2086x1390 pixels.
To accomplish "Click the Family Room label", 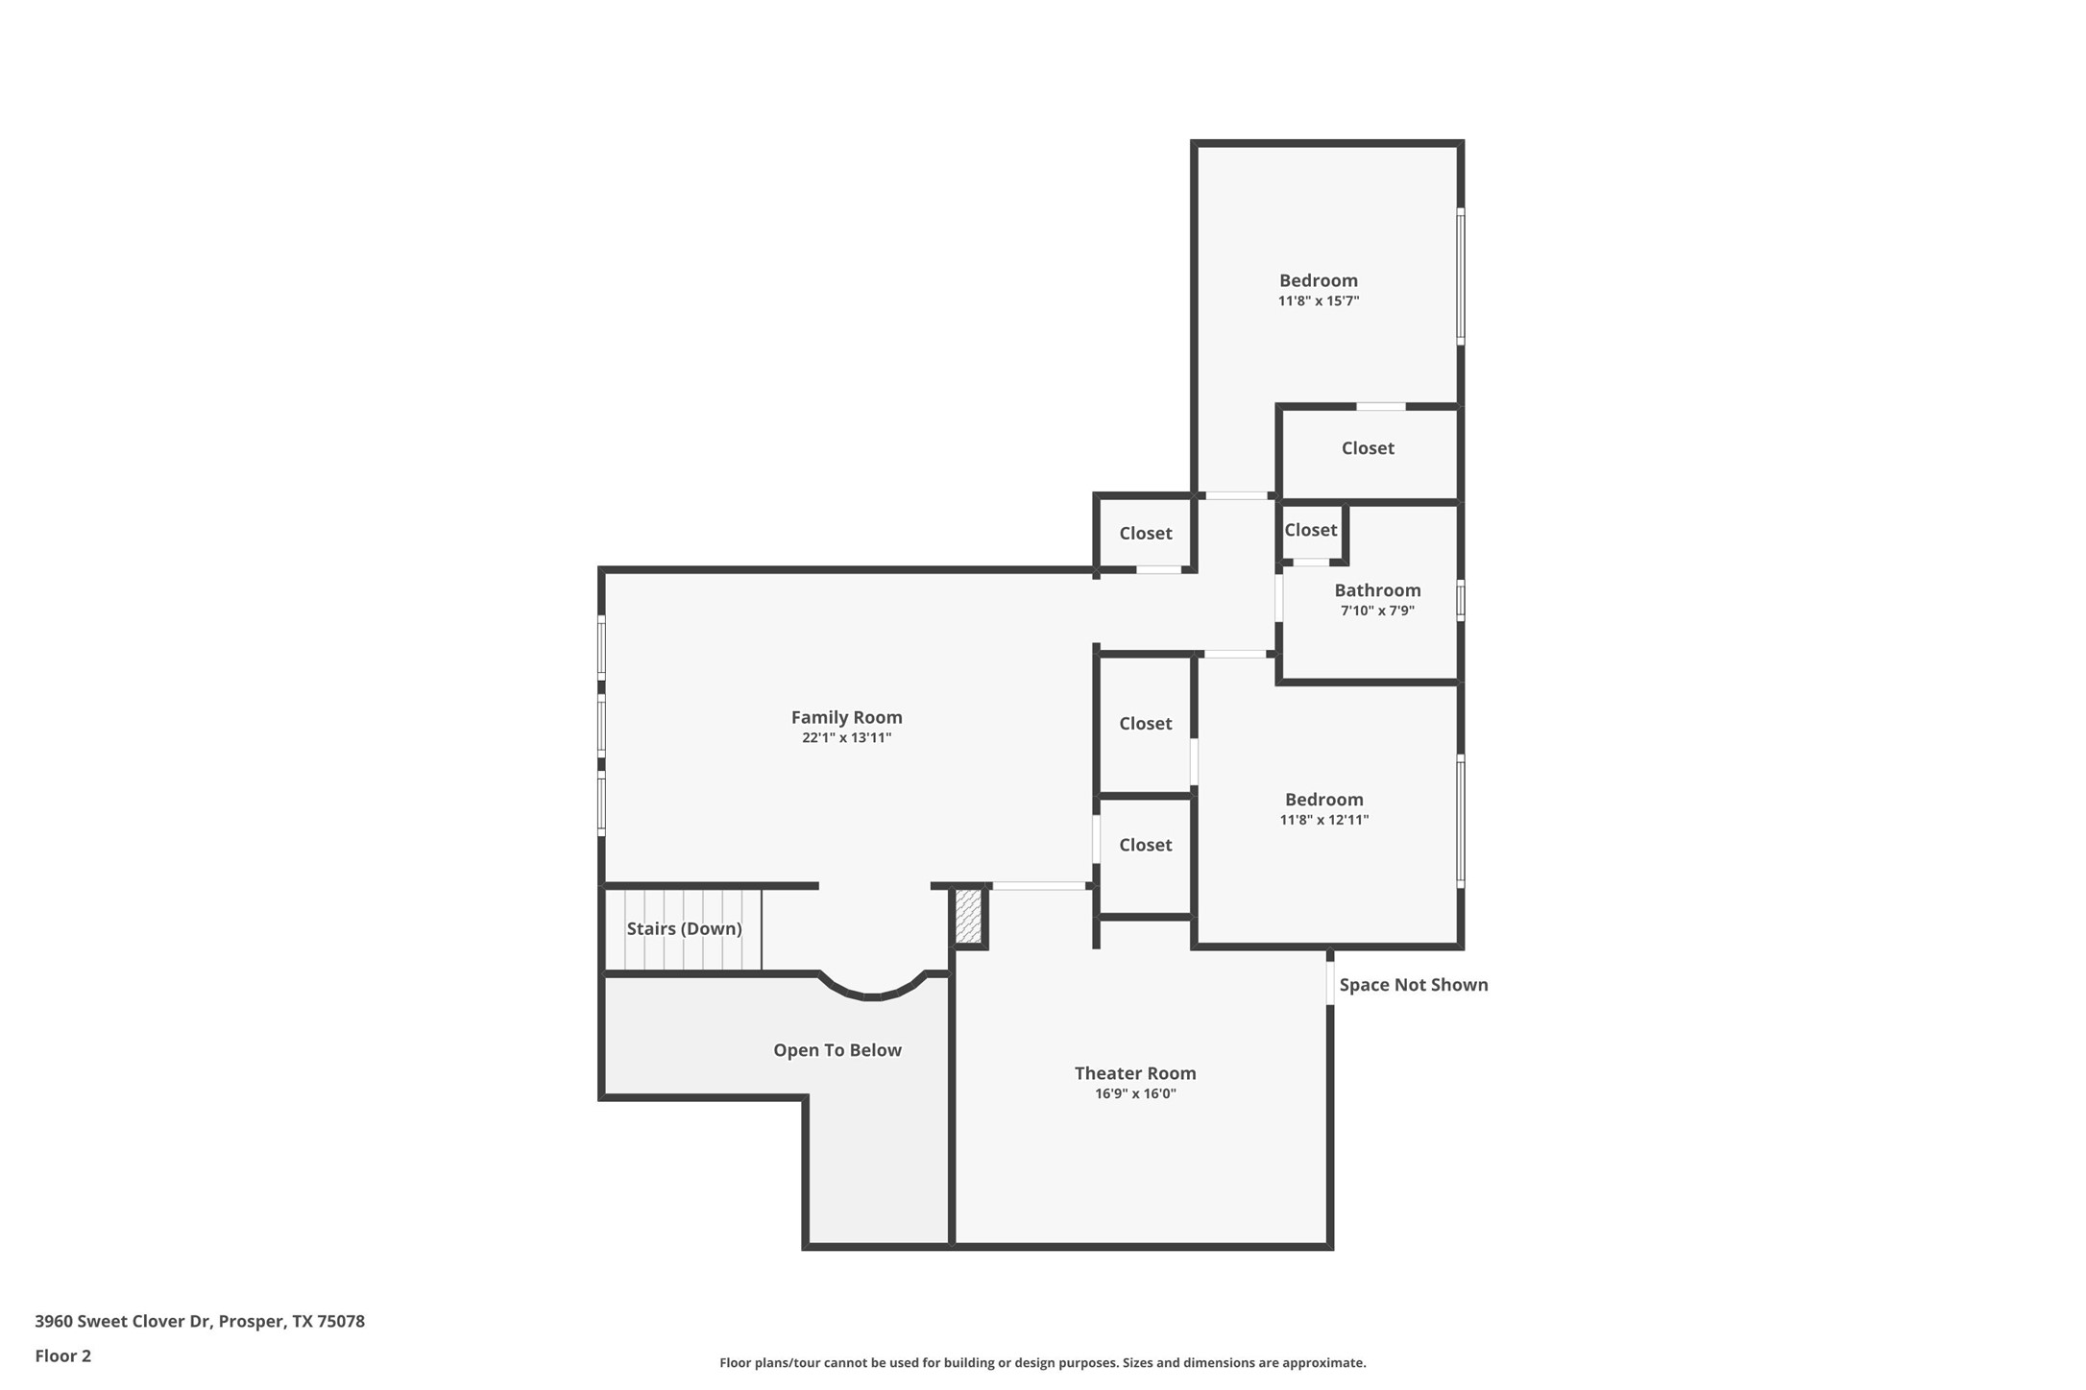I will (846, 717).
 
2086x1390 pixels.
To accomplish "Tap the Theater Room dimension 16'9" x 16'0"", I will (1135, 1093).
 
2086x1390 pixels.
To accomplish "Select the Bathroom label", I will (1377, 590).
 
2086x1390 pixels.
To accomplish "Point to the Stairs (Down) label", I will (684, 928).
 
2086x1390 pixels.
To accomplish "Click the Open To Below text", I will (837, 1050).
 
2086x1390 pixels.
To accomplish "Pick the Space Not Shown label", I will (1413, 985).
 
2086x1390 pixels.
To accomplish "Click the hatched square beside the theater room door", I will (968, 917).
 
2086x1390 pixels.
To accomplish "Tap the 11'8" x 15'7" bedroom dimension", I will (1318, 301).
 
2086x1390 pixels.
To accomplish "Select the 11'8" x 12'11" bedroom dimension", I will (1323, 820).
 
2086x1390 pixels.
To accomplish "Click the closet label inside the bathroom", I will (1310, 530).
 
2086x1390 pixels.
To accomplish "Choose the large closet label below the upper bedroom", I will (1368, 448).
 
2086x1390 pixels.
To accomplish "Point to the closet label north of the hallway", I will (1145, 534).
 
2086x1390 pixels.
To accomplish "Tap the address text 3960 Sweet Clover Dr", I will (123, 1321).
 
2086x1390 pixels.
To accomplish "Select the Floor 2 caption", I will (62, 1356).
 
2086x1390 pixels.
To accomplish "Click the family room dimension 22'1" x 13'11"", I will (846, 738).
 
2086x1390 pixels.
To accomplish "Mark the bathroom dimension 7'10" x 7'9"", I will (1377, 611).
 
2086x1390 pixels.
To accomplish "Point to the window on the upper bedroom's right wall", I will (1460, 276).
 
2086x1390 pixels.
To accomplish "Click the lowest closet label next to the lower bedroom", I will (1145, 845).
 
